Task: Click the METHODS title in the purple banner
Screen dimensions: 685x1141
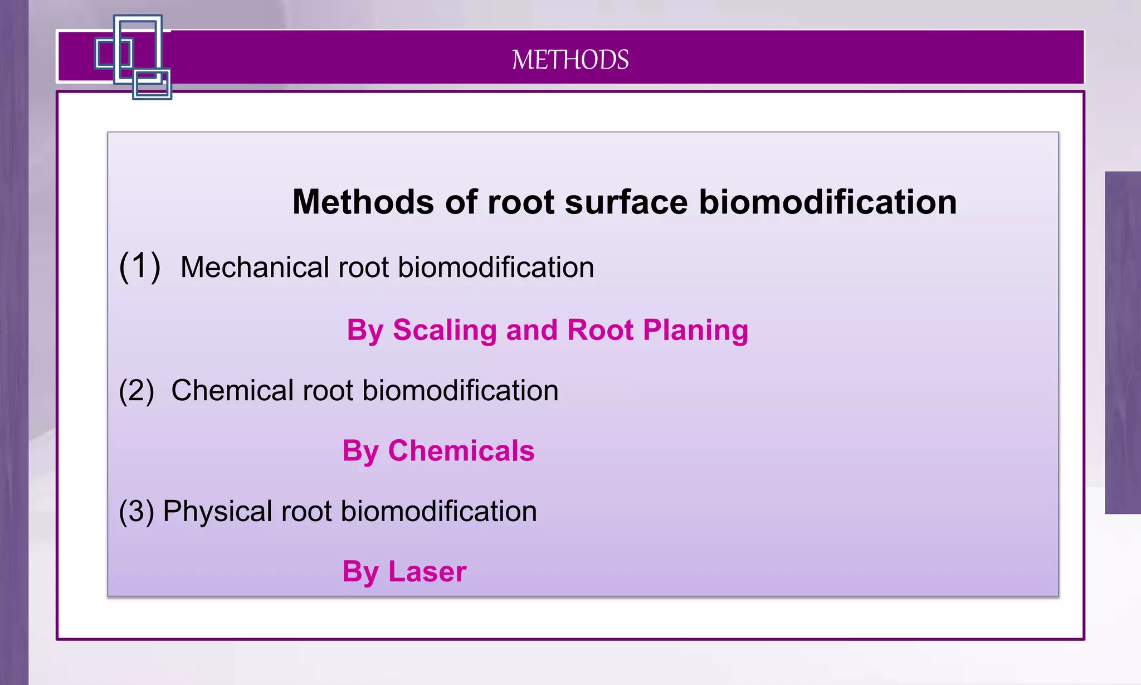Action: pyautogui.click(x=570, y=60)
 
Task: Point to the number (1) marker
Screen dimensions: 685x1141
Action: pyautogui.click(x=140, y=266)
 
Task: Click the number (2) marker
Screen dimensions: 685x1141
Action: pyautogui.click(x=136, y=390)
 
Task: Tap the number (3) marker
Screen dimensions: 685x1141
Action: pyautogui.click(x=136, y=511)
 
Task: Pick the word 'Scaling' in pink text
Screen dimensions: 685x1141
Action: pyautogui.click(x=444, y=329)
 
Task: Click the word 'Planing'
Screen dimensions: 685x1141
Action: pyautogui.click(x=695, y=329)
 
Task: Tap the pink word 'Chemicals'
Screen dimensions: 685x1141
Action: pyautogui.click(x=461, y=450)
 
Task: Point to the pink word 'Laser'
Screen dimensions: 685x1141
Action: pyautogui.click(x=427, y=571)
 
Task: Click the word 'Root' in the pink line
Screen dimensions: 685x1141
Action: pyautogui.click(x=601, y=329)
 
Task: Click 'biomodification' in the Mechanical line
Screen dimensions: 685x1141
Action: pyautogui.click(x=496, y=267)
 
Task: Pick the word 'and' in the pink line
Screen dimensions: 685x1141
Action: pyautogui.click(x=532, y=329)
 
